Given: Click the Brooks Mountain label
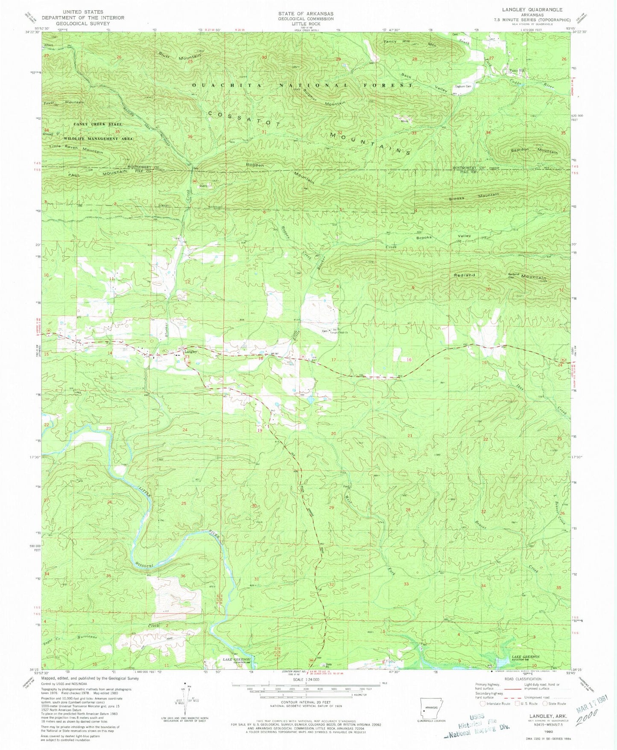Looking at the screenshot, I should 474,197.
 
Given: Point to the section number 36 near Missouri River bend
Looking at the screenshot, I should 183,576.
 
